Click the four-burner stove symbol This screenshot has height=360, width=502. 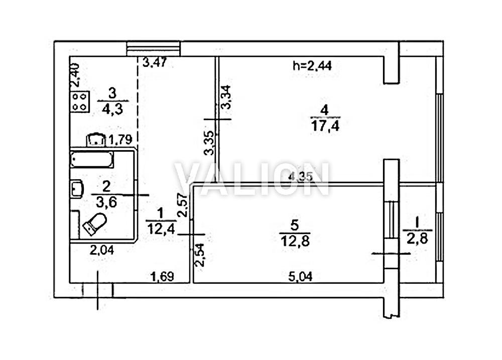coord(80,102)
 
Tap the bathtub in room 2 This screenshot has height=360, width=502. coord(92,159)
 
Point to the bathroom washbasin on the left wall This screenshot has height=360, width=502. coord(76,189)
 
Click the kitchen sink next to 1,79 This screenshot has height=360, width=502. coord(96,140)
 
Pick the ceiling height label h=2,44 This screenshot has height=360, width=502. coord(312,66)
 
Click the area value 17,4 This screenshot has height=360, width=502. coord(325,126)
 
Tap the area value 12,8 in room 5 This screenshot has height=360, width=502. coord(295,241)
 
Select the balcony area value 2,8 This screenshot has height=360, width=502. coord(418,238)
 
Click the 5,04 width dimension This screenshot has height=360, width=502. coord(300,277)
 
